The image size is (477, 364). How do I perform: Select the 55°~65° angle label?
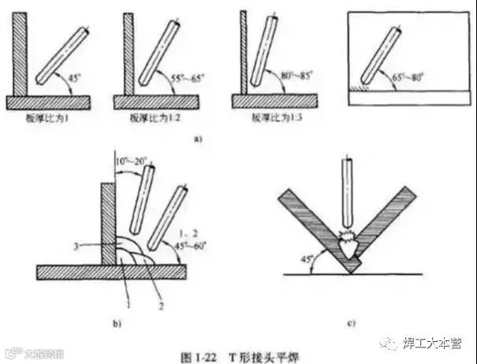(x=187, y=79)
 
